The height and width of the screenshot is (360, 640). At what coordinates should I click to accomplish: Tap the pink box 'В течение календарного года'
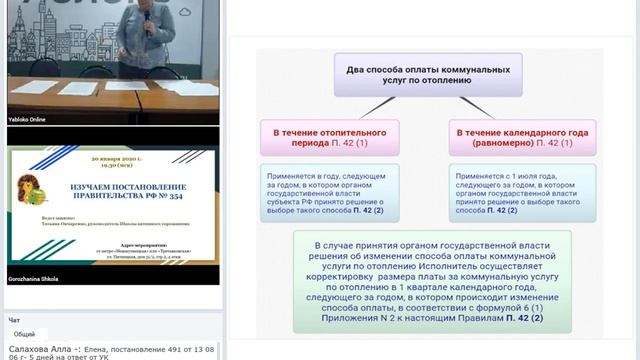tap(518, 138)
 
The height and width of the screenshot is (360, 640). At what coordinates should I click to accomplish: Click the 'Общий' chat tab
tap(24, 333)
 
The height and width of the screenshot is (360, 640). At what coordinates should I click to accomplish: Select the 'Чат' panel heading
tap(14, 320)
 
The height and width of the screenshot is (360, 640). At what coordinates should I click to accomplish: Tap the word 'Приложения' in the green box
tap(344, 319)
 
